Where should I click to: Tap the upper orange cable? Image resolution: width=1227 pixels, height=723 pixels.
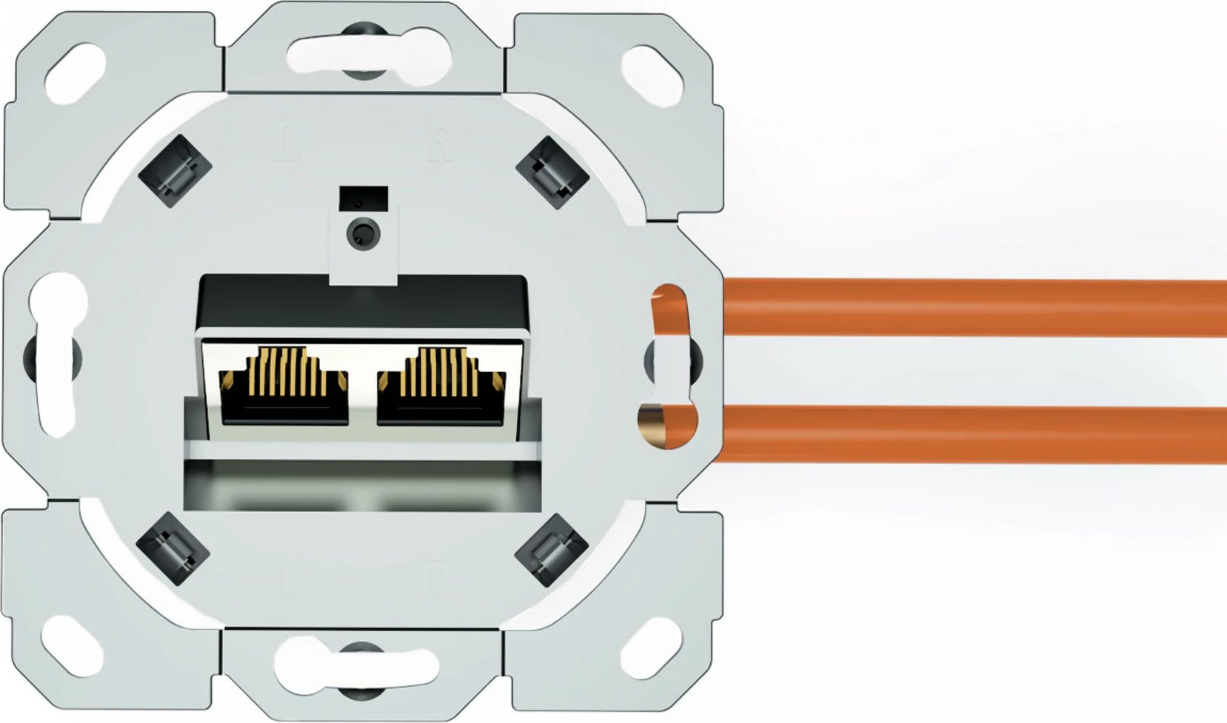(963, 307)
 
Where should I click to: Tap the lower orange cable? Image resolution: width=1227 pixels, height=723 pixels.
(963, 434)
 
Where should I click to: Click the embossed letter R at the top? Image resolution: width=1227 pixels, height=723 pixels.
(439, 144)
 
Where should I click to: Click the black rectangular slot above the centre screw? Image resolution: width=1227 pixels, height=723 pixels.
(363, 198)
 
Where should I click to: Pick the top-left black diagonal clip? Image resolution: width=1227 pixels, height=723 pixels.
(175, 171)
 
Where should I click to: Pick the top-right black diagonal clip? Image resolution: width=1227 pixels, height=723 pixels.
(552, 172)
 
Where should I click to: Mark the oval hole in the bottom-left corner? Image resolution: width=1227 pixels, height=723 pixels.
(73, 646)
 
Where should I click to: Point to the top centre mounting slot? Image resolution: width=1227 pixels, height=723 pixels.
(363, 53)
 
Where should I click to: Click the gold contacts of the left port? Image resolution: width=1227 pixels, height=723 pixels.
(285, 370)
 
